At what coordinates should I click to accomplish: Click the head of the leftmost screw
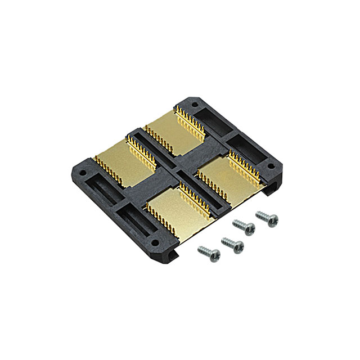pos(214,255)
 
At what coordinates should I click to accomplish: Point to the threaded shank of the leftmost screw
pos(203,249)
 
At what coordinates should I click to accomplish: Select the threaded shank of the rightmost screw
pos(261,215)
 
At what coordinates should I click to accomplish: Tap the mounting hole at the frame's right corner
pos(271,167)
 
